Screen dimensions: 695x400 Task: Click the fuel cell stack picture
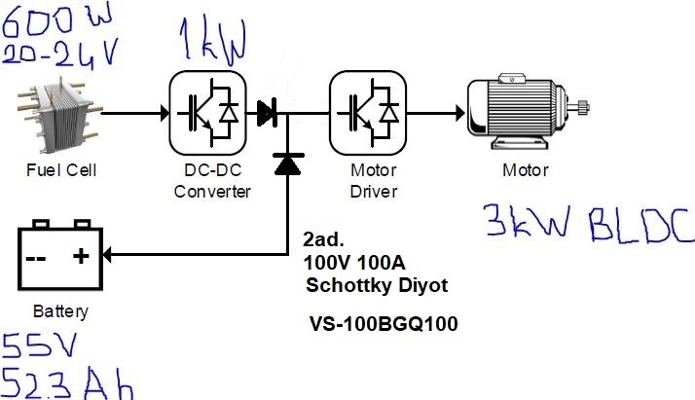point(59,114)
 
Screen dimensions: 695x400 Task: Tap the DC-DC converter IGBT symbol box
point(207,113)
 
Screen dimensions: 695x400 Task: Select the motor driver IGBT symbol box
point(368,113)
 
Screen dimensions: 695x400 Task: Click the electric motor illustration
point(528,112)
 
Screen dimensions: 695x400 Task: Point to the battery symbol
point(60,255)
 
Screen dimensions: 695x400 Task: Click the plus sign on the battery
point(81,256)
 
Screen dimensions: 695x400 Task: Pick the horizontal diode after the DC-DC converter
point(268,113)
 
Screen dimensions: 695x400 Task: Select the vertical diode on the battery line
point(288,164)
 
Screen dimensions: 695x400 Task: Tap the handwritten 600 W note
point(56,19)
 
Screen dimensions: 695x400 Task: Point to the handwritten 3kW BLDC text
point(589,223)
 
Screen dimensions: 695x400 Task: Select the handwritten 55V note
point(39,345)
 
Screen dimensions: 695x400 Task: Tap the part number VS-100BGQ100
point(384,324)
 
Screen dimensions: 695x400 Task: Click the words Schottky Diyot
point(377,285)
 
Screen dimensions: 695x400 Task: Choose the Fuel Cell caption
point(61,170)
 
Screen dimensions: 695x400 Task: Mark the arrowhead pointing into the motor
point(460,113)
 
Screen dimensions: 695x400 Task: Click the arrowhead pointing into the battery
point(107,255)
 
